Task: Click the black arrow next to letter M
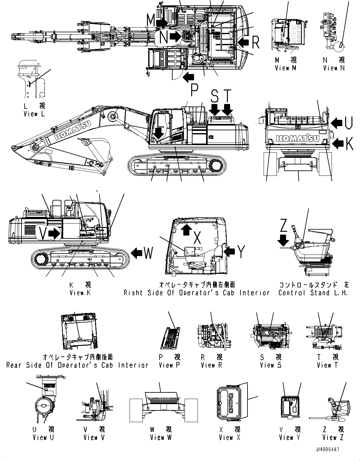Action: [162, 22]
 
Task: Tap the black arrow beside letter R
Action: [243, 41]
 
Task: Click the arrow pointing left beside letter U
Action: [337, 123]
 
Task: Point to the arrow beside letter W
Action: [137, 253]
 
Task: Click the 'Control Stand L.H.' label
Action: [313, 293]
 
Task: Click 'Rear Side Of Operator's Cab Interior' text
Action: [77, 365]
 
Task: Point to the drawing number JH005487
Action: [327, 450]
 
